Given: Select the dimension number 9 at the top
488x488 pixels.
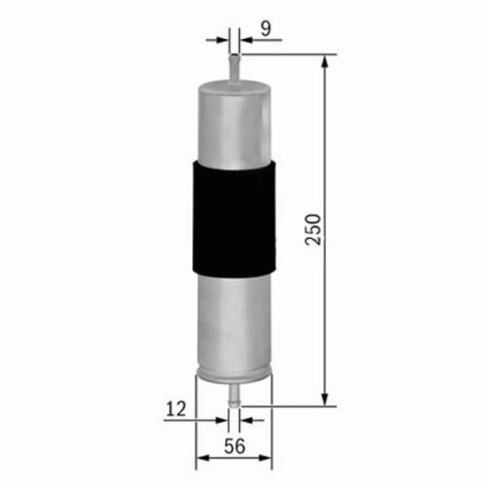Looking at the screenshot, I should (265, 28).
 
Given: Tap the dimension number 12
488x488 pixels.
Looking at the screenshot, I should (176, 409).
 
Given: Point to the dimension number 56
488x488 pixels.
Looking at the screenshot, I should (234, 446).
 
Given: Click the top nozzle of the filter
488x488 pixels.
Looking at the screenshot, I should (234, 67).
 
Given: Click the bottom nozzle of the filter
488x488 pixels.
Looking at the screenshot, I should (234, 394).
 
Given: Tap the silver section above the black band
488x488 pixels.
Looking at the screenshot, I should (234, 122).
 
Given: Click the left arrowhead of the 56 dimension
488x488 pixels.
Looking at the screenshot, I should (202, 458).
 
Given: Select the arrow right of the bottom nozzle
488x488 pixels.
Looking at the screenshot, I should (247, 420).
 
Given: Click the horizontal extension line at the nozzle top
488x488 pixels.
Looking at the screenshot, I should (285, 54).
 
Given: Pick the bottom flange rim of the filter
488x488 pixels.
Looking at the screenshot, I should (234, 375).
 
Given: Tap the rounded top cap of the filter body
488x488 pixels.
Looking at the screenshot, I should (234, 84).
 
